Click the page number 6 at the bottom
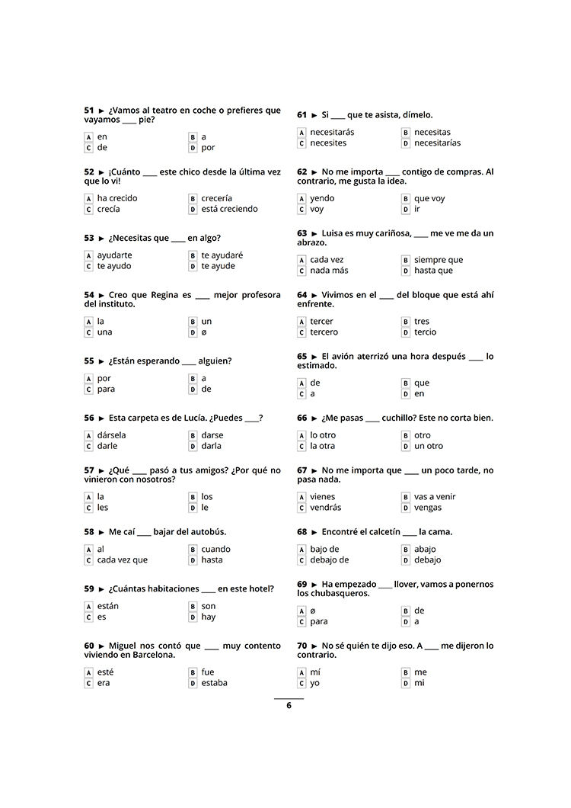click(289, 705)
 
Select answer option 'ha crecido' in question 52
click(117, 198)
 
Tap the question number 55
click(89, 361)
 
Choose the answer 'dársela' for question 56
click(111, 435)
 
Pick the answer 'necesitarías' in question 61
click(437, 143)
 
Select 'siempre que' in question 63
click(438, 260)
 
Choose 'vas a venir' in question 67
click(435, 497)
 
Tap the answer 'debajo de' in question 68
click(329, 560)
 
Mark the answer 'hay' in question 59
click(208, 617)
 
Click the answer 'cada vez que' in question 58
click(122, 560)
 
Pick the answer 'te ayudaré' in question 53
click(222, 255)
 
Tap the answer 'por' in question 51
click(208, 148)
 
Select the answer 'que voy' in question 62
click(429, 198)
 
